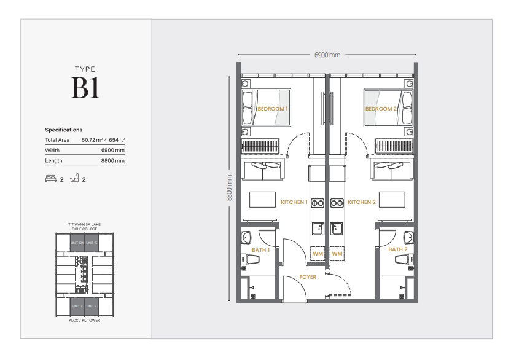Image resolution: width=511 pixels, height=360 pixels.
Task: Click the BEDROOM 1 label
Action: [272, 109]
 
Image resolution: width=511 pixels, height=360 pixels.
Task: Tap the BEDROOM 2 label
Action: [381, 109]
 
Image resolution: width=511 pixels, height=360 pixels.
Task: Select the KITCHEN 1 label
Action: [294, 202]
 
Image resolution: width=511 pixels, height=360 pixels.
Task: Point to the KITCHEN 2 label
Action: [361, 202]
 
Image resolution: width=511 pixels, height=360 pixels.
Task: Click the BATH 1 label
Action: [260, 250]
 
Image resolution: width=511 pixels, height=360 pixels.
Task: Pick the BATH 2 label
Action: [397, 250]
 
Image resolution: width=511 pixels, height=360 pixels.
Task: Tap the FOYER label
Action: [308, 277]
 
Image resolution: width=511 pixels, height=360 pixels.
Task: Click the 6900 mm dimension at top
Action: [327, 55]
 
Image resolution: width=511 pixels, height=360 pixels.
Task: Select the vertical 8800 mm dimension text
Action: [229, 188]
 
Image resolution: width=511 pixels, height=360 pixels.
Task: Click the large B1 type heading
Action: [85, 90]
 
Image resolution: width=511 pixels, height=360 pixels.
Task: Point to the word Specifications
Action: [63, 130]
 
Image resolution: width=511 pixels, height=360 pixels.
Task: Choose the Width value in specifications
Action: [113, 151]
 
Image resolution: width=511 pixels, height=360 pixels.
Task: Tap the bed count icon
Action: [50, 179]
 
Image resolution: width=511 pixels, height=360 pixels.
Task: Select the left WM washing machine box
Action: [318, 254]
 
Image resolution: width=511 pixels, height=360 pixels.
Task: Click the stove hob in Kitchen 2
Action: [337, 202]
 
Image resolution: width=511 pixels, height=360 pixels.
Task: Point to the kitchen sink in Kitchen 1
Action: [318, 229]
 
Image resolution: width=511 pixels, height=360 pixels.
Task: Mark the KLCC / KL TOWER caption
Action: [84, 321]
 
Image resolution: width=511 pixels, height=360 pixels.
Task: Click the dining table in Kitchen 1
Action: [262, 200]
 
